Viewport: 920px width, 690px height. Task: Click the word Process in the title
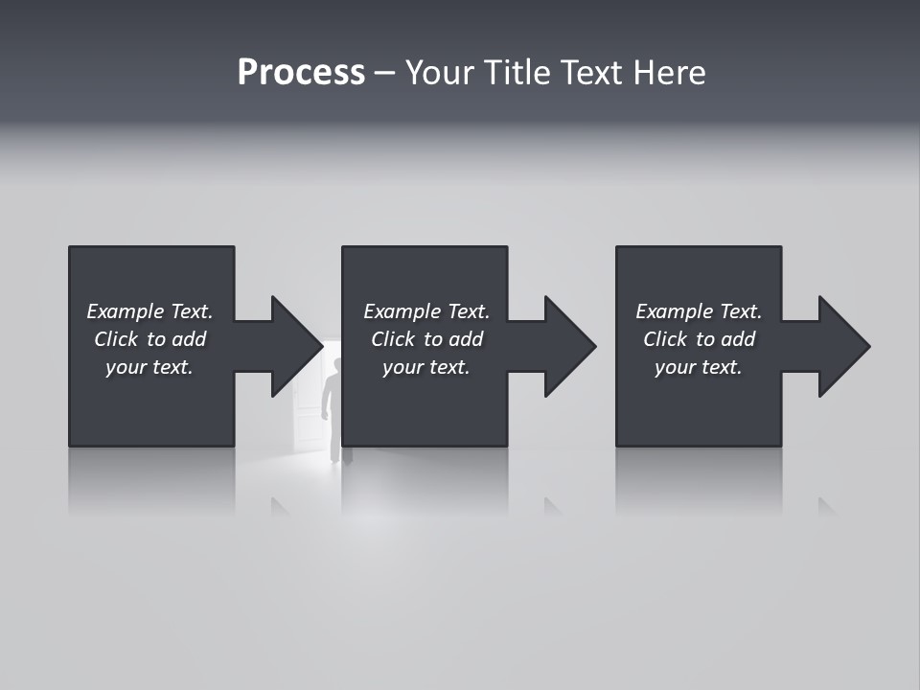[x=301, y=73]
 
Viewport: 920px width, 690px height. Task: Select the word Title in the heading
[x=517, y=73]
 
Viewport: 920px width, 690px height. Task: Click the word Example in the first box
[x=126, y=311]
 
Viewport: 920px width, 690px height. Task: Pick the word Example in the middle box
[x=402, y=311]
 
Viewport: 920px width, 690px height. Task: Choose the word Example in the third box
[x=675, y=311]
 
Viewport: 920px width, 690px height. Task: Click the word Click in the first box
[x=116, y=339]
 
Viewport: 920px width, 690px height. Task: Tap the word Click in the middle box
[x=393, y=339]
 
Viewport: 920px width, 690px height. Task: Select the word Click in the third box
[x=665, y=339]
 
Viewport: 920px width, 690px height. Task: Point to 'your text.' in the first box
[x=149, y=367]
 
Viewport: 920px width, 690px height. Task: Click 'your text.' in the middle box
[x=426, y=367]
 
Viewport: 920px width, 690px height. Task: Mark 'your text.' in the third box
[x=699, y=367]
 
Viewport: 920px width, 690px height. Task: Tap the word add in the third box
[x=739, y=339]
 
